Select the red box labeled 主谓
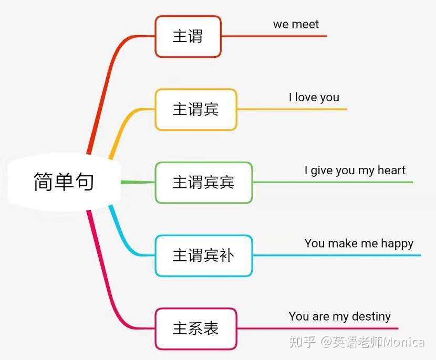coord(188,36)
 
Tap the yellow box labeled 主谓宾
coord(195,109)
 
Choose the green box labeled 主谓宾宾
coord(203,182)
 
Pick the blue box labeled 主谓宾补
coord(203,256)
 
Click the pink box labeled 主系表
coord(195,329)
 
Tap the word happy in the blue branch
coord(397,243)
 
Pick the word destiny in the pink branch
coord(371,316)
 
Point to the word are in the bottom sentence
coord(320,316)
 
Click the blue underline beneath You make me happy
coord(337,256)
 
